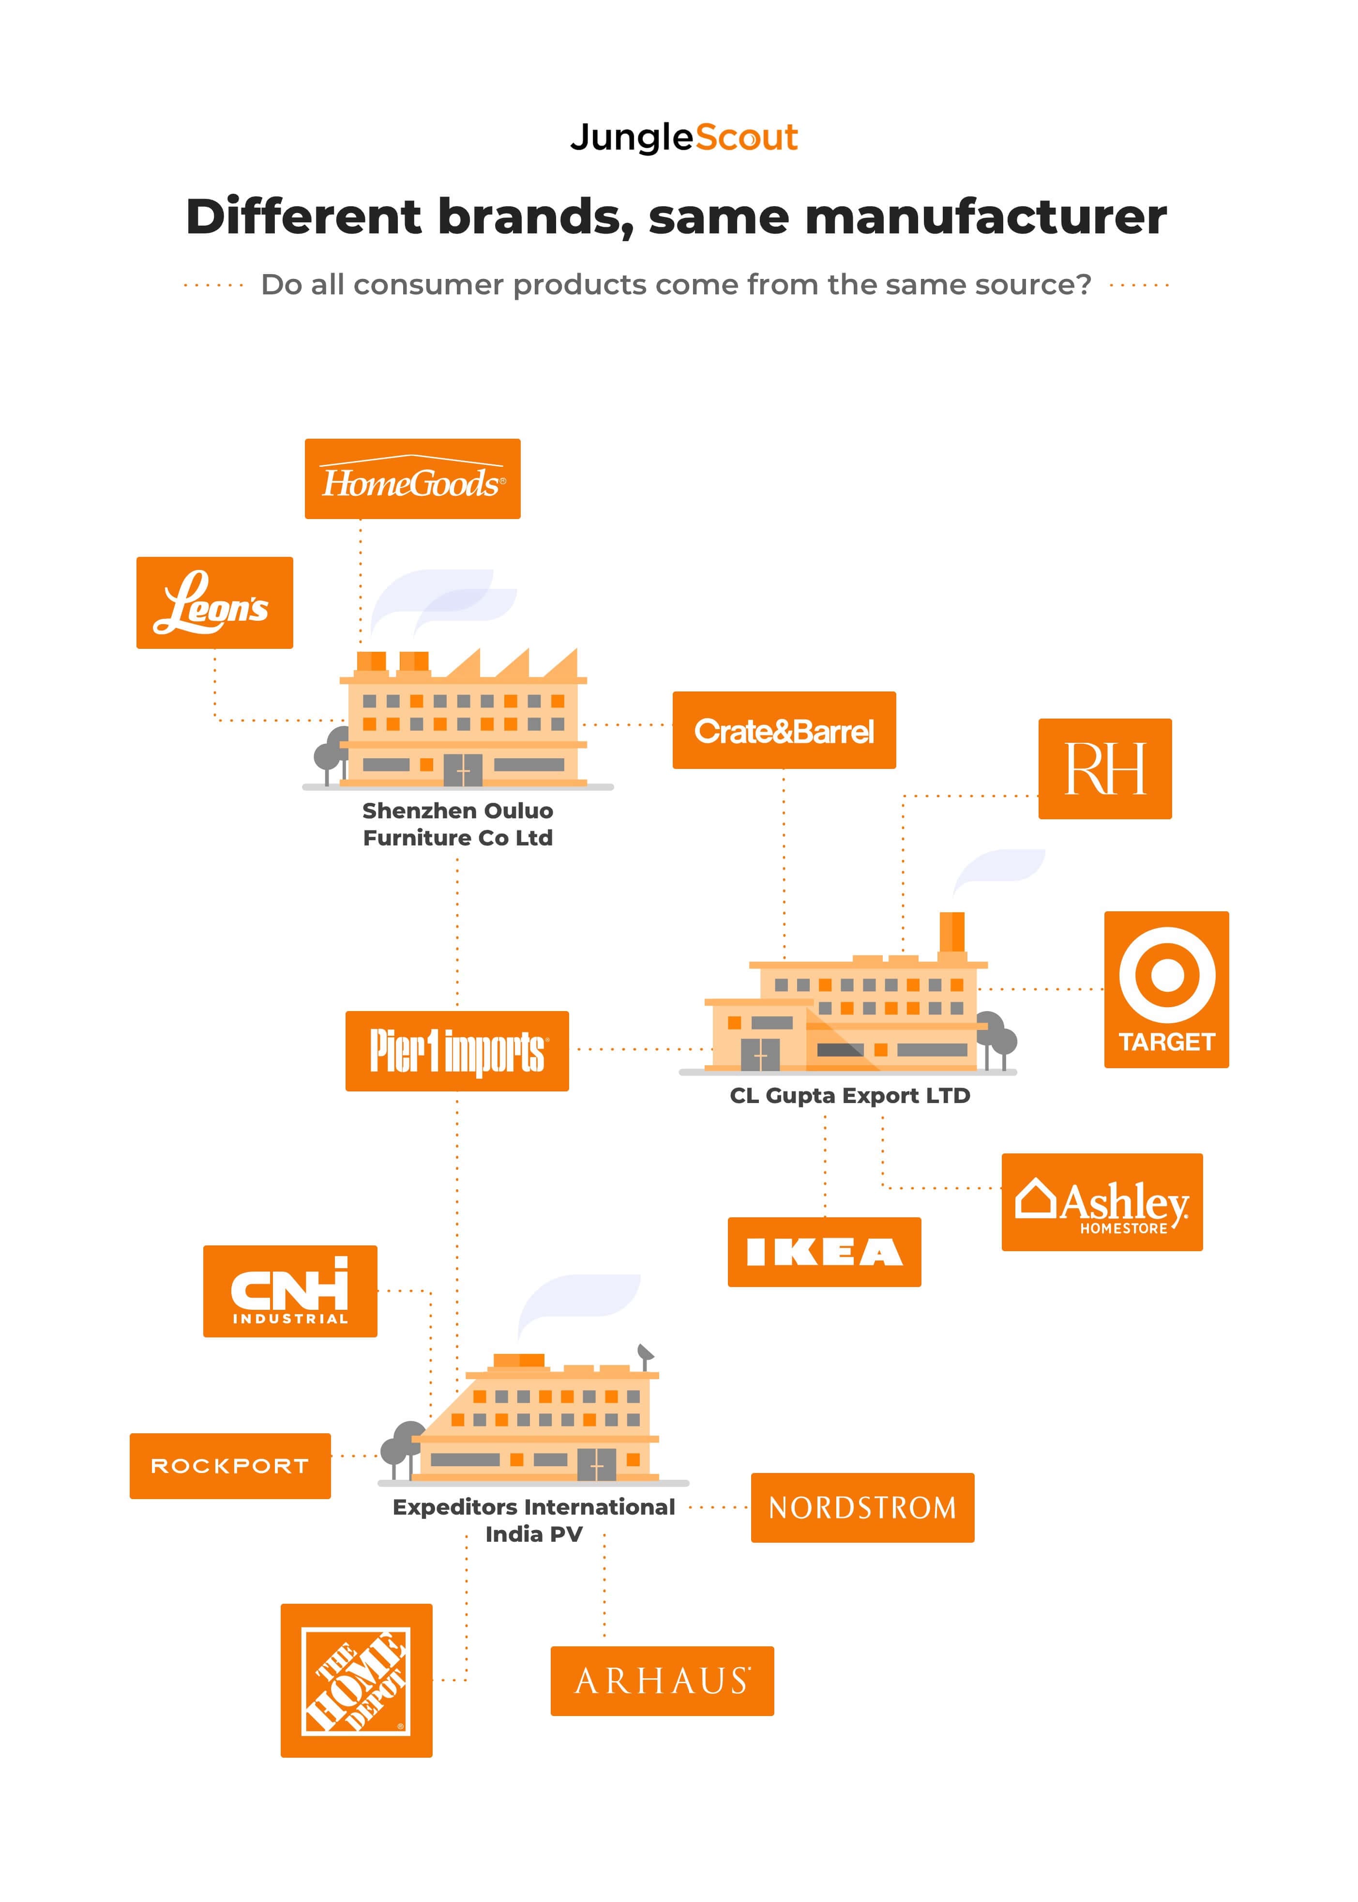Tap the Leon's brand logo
[214, 602]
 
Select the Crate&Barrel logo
[784, 730]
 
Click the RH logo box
[1104, 768]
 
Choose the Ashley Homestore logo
[1101, 1202]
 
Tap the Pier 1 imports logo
[456, 1051]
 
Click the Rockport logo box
[230, 1465]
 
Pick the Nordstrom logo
[862, 1507]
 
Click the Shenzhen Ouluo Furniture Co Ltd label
[457, 824]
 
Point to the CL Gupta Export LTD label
[849, 1096]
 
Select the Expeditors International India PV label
[533, 1520]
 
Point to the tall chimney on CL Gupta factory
[951, 933]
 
